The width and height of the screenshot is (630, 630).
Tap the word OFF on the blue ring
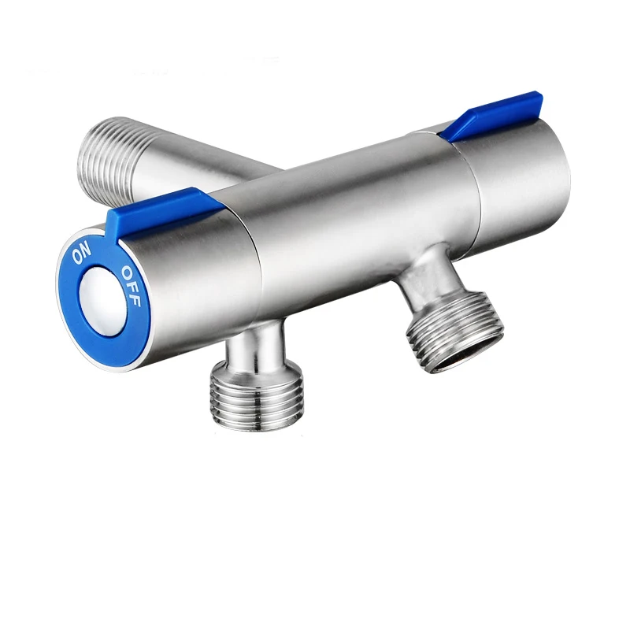[130, 284]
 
